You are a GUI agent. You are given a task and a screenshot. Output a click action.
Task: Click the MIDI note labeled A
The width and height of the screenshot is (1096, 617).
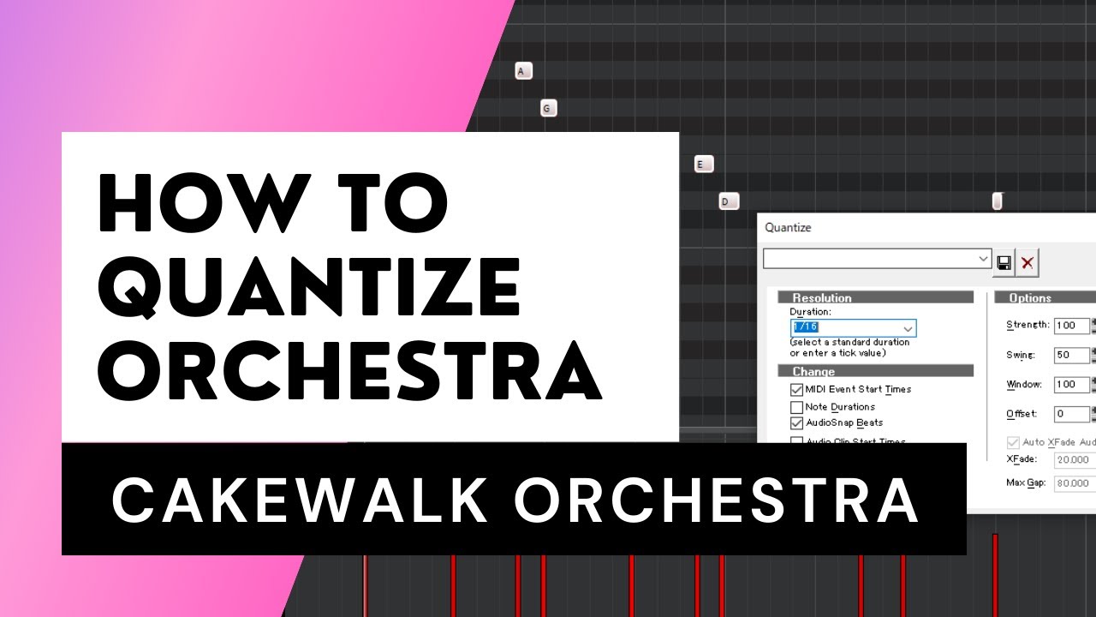524,71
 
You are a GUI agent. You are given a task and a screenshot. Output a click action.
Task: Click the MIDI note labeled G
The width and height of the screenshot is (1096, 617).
549,108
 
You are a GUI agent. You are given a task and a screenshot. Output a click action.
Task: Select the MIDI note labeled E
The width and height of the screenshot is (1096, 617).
704,164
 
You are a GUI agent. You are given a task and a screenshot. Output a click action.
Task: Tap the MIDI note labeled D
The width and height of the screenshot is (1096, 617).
729,201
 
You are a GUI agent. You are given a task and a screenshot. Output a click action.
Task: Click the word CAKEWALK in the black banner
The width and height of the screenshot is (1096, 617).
301,500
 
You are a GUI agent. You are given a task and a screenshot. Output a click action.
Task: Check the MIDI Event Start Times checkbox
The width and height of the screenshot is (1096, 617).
797,389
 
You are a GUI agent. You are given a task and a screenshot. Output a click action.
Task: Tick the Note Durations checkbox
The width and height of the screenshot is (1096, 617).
797,407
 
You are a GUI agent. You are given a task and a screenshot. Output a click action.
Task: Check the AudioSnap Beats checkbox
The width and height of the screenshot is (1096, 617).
797,423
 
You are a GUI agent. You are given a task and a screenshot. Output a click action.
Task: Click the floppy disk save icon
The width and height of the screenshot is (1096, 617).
1004,263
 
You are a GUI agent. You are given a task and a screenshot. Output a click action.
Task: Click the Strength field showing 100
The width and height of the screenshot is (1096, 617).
1070,326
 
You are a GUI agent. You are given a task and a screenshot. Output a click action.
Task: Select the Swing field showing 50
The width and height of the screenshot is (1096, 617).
1070,356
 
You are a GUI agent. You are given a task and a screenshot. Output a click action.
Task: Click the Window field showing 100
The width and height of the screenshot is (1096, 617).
1070,385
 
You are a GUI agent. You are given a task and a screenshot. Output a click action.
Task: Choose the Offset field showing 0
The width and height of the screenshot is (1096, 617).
1070,414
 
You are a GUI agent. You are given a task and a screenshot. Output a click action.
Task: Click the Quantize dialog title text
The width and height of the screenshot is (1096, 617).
788,228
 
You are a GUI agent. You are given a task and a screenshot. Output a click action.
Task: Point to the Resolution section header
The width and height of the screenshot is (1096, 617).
822,298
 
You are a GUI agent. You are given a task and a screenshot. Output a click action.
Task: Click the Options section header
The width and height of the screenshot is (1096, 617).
1030,298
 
